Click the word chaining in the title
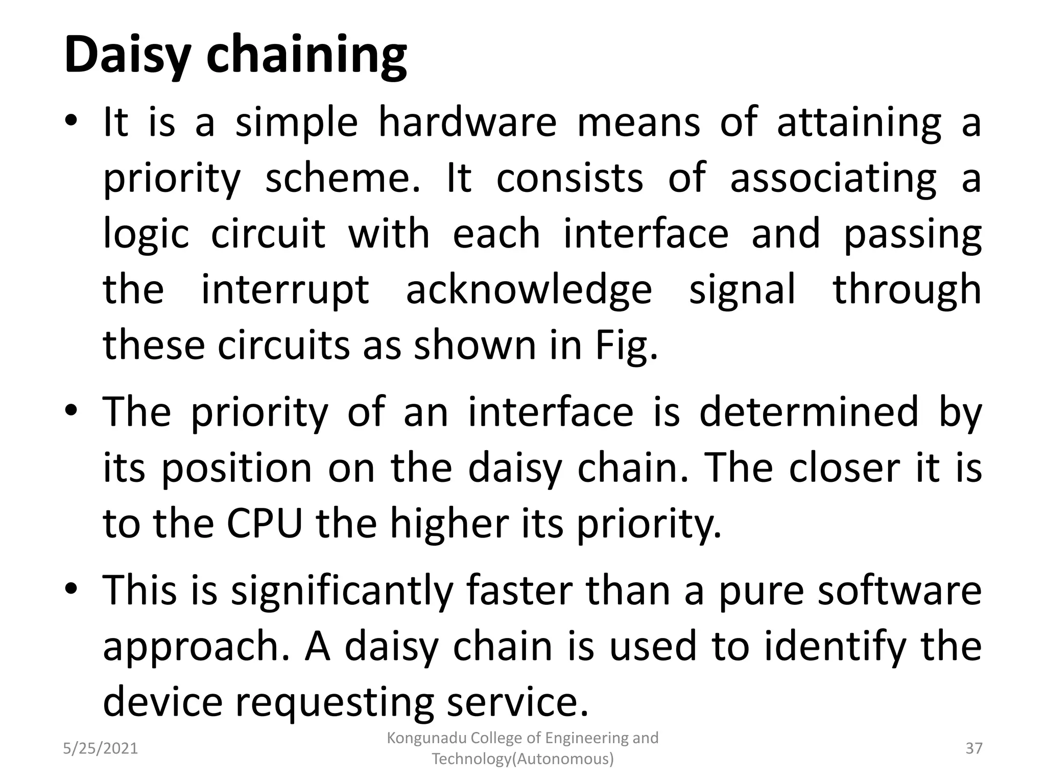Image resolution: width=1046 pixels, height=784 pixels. click(306, 55)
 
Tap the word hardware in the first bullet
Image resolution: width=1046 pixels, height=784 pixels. click(467, 122)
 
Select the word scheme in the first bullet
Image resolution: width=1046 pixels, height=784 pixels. click(342, 179)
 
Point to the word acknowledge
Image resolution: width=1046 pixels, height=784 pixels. click(529, 290)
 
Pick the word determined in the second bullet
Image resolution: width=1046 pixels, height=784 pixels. click(809, 412)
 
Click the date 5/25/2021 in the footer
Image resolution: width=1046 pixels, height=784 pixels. click(101, 749)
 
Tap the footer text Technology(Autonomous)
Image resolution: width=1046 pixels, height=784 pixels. click(522, 759)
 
